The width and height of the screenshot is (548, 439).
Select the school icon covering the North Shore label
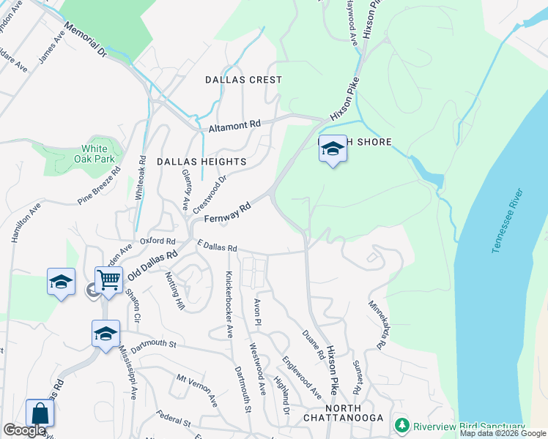pyautogui.click(x=333, y=149)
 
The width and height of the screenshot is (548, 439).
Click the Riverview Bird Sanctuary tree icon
pyautogui.click(x=401, y=425)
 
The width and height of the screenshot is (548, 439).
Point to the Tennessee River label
pyautogui.click(x=508, y=221)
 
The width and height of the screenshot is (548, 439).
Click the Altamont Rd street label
pyautogui.click(x=234, y=126)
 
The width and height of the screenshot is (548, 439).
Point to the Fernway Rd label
pyautogui.click(x=227, y=213)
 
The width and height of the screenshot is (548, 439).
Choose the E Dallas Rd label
pyautogui.click(x=216, y=248)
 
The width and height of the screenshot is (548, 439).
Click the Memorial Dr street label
pyautogui.click(x=85, y=40)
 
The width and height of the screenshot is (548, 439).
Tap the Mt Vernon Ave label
pyautogui.click(x=197, y=391)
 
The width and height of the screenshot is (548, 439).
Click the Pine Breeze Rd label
pyautogui.click(x=99, y=192)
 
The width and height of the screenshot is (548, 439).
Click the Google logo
pyautogui.click(x=24, y=431)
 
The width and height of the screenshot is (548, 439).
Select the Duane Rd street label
pyautogui.click(x=312, y=345)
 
